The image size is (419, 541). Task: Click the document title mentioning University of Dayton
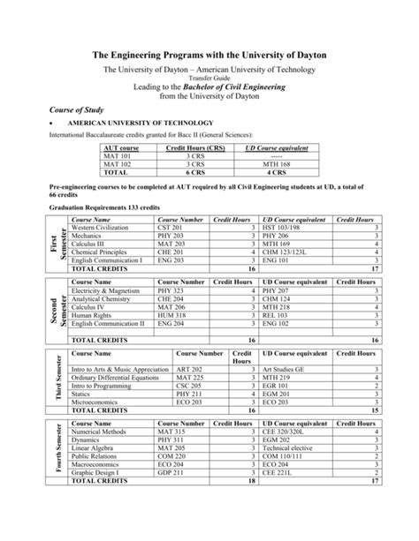[x=209, y=56]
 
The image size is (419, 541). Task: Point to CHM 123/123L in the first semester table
[x=281, y=251]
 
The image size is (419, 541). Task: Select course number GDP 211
[x=171, y=474]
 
